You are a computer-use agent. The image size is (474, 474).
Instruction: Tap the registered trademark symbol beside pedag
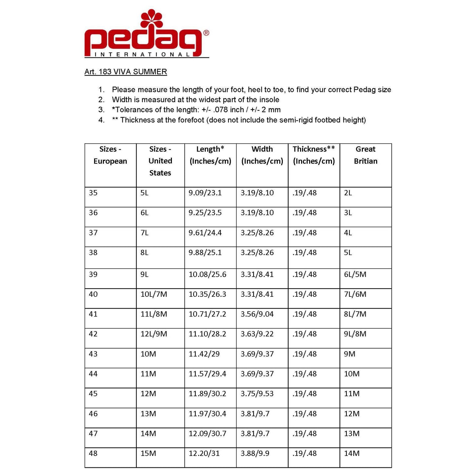click(x=206, y=33)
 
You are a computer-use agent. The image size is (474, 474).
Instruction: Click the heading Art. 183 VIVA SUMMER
click(x=126, y=72)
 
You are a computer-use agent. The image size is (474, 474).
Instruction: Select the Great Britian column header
click(x=365, y=155)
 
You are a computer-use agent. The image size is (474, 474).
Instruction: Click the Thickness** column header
click(x=314, y=155)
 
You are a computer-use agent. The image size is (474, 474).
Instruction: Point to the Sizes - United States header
click(x=160, y=161)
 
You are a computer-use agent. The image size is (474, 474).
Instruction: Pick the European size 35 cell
click(x=93, y=193)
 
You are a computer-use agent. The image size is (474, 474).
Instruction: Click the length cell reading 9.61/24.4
click(x=205, y=233)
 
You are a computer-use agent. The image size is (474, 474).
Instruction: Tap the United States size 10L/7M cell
click(x=154, y=294)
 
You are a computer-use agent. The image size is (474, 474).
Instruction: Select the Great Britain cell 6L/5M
click(x=355, y=274)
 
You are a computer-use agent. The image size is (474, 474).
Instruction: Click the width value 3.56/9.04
click(x=257, y=314)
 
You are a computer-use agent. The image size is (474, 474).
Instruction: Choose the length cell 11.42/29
click(x=204, y=354)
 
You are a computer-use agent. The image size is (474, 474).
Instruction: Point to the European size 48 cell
click(x=93, y=453)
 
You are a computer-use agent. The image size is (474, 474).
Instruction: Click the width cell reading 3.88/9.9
click(x=255, y=453)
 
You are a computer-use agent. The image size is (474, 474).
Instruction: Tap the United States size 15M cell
click(x=148, y=453)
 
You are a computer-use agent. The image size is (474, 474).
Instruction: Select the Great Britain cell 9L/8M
click(x=355, y=334)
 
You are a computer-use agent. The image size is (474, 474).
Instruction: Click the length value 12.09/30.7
click(x=207, y=434)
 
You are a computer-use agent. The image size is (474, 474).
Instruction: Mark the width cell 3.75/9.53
click(x=257, y=394)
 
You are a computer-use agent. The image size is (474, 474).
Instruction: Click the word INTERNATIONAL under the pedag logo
click(x=142, y=54)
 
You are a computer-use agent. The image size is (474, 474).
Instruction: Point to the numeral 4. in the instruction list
click(x=101, y=120)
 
